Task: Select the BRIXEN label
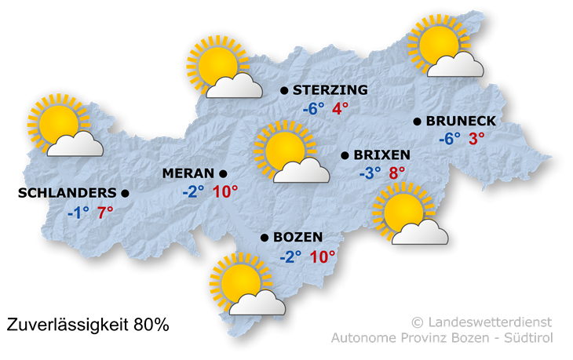[x=381, y=155]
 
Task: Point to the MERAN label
[x=188, y=173]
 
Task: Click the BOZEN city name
[x=297, y=238]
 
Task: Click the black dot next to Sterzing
[x=283, y=92]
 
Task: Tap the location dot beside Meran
[x=223, y=173]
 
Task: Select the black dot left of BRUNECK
[x=418, y=122]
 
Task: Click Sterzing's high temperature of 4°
[x=340, y=109]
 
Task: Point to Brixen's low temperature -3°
[x=370, y=173]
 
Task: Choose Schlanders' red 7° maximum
[x=105, y=211]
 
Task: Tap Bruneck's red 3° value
[x=476, y=139]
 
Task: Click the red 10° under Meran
[x=224, y=191]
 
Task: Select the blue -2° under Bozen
[x=290, y=256]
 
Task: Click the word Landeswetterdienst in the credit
[x=489, y=322]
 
